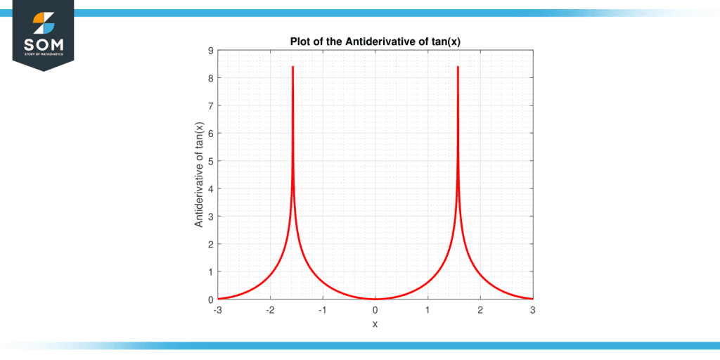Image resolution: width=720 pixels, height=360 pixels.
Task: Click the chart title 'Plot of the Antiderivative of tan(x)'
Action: (375, 41)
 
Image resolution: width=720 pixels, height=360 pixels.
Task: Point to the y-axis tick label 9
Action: (211, 51)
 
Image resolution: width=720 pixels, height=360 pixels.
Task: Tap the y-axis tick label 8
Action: (211, 78)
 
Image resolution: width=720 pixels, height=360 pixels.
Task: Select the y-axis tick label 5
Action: (211, 161)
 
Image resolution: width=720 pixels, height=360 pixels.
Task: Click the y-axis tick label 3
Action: (211, 217)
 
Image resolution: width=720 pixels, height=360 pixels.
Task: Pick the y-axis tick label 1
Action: (211, 271)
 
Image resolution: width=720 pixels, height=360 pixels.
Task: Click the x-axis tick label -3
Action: (217, 309)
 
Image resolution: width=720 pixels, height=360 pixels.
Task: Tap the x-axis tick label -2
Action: (269, 309)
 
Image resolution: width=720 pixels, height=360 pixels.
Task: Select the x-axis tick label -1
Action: (322, 309)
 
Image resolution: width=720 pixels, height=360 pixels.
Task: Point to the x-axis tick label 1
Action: (427, 309)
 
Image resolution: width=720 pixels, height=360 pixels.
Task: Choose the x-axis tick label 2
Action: (480, 309)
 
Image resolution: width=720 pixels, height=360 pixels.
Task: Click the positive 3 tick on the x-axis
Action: (532, 309)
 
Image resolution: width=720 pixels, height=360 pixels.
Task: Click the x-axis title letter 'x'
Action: (375, 324)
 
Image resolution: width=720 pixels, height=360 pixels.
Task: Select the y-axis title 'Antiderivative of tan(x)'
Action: (199, 175)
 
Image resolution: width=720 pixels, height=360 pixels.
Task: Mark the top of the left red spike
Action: (292, 67)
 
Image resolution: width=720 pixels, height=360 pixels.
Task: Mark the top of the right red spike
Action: (458, 67)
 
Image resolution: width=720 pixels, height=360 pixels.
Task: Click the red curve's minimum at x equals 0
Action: (375, 299)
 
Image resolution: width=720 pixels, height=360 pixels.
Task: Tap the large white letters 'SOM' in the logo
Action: (44, 43)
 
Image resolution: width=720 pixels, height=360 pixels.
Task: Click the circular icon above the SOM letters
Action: (44, 22)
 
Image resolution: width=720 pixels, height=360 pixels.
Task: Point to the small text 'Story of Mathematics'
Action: (44, 54)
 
